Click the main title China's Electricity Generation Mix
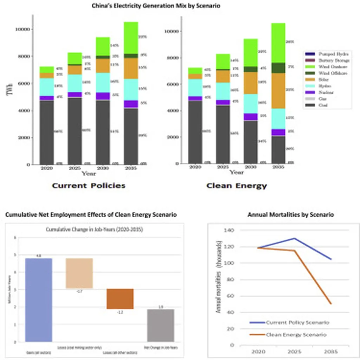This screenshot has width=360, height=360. click(156, 6)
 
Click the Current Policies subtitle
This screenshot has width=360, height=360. click(89, 186)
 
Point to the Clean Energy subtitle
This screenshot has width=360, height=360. click(237, 186)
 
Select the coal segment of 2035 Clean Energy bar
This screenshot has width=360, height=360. click(278, 150)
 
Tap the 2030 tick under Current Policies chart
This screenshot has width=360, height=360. click(103, 168)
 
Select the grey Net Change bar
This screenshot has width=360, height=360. click(161, 325)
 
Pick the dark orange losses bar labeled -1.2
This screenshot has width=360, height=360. click(120, 299)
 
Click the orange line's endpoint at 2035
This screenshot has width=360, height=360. click(331, 303)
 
